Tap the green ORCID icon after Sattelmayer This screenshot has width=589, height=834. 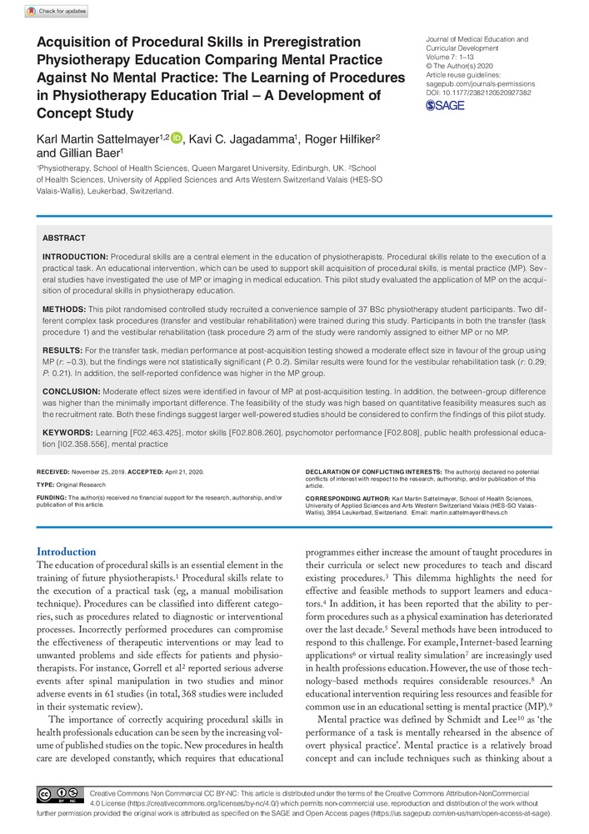(176, 137)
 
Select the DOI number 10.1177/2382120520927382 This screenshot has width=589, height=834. (490, 93)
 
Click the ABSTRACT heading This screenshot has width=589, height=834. (63, 238)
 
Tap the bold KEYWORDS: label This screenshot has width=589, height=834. (70, 432)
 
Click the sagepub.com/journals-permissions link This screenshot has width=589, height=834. (480, 83)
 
